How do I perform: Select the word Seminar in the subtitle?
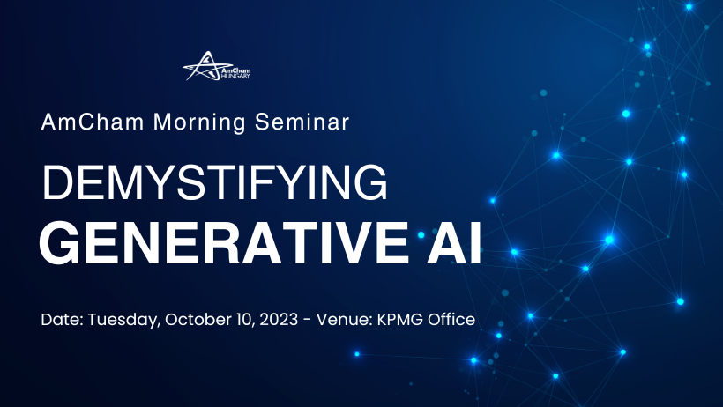[301, 122]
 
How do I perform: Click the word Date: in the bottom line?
[61, 319]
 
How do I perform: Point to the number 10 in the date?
[247, 319]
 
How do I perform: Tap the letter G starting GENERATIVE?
[58, 243]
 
